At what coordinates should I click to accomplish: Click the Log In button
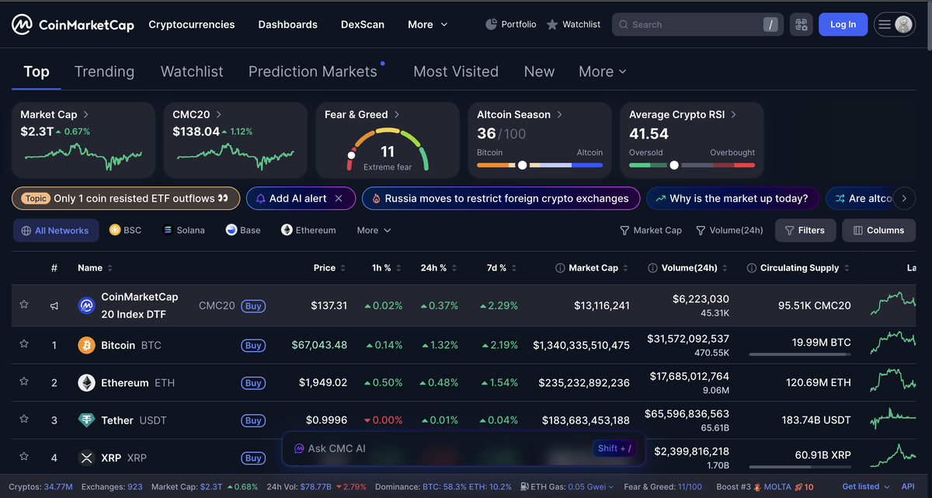[x=843, y=24]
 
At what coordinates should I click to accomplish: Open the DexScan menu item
[x=362, y=24]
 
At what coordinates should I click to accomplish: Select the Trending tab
[x=104, y=71]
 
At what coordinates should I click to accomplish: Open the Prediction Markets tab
[x=312, y=71]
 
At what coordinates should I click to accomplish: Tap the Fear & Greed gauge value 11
[x=388, y=151]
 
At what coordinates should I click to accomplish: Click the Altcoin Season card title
[x=513, y=114]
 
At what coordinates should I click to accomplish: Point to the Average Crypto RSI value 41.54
[x=649, y=134]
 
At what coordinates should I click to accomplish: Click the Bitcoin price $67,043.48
[x=319, y=345]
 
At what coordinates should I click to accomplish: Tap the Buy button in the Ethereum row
[x=253, y=383]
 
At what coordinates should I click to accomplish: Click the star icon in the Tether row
[x=24, y=420]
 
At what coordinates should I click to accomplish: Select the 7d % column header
[x=496, y=267]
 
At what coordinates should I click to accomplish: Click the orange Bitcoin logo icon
[x=87, y=345]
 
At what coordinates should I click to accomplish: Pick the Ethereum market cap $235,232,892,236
[x=581, y=383]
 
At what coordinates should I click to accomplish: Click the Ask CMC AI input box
[x=435, y=448]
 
